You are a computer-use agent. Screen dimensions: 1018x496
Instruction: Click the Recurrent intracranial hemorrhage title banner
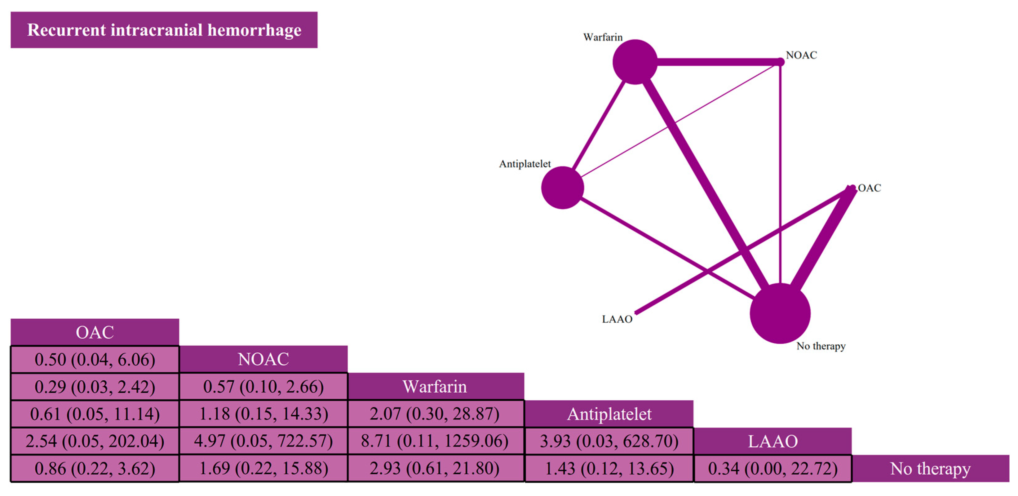point(164,30)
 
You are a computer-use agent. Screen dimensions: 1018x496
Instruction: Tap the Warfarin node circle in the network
point(635,62)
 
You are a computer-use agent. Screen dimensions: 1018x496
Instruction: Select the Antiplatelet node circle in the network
point(562,188)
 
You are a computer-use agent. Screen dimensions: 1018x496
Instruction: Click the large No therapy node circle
point(780,313)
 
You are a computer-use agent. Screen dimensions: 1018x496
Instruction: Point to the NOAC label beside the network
point(801,55)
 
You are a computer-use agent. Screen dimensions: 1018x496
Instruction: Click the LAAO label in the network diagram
point(617,319)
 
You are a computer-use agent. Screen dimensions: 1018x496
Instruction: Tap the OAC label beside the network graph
point(870,188)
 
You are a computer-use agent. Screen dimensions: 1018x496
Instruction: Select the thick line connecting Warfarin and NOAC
point(719,62)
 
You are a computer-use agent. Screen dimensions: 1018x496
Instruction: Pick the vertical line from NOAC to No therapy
point(781,174)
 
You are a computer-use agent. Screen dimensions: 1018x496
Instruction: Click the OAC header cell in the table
point(95,332)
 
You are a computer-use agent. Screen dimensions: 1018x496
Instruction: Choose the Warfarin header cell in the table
point(436,386)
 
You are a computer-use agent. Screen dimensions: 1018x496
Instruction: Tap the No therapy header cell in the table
point(931,468)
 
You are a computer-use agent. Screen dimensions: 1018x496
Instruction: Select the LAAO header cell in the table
point(772,441)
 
